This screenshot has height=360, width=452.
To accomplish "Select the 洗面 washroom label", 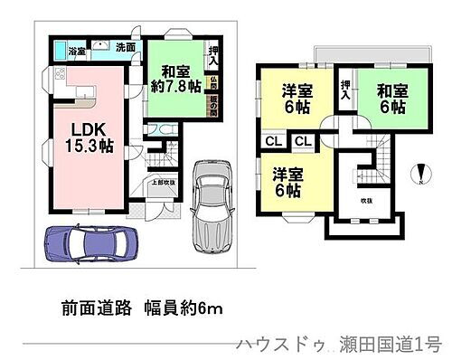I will pyautogui.click(x=126, y=47).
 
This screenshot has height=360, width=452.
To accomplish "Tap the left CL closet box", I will pyautogui.click(x=272, y=141).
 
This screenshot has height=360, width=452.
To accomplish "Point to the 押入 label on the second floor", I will pyautogui.click(x=344, y=88).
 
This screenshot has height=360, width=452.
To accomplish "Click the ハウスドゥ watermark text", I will pyautogui.click(x=275, y=345).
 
